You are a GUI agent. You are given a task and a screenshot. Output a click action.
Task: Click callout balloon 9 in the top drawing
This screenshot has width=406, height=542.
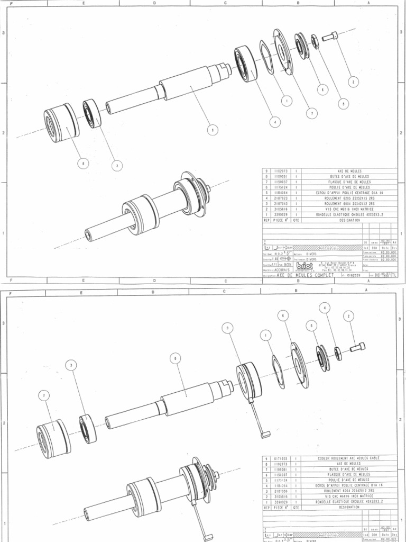[x=212, y=129]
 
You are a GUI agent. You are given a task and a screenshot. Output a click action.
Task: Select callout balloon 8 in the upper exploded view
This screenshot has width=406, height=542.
[x=82, y=163]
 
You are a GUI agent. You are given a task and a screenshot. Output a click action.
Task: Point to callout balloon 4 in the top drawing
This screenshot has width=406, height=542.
[x=274, y=121]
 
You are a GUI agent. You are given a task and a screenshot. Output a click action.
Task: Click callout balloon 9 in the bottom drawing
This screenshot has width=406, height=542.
[x=228, y=328]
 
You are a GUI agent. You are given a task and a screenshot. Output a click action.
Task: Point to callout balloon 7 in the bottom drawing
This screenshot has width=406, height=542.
[x=44, y=395]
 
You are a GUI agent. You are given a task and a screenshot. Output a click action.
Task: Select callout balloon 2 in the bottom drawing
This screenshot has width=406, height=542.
[x=348, y=316]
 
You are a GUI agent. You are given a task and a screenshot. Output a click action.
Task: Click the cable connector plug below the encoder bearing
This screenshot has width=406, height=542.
[x=266, y=435]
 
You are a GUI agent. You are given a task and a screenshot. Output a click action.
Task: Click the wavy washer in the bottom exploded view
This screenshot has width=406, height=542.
[x=277, y=371]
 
